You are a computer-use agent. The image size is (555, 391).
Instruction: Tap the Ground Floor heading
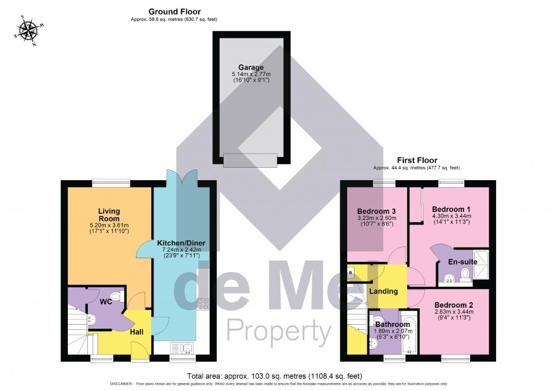pos(174,11)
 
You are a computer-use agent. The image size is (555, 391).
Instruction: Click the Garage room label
pos(250,67)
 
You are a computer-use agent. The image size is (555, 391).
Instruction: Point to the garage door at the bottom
pos(250,160)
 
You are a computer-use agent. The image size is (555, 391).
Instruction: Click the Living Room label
pos(109,215)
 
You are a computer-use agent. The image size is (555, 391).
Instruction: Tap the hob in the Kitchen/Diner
pos(203,306)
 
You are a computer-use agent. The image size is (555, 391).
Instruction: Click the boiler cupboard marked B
pos(350,273)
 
